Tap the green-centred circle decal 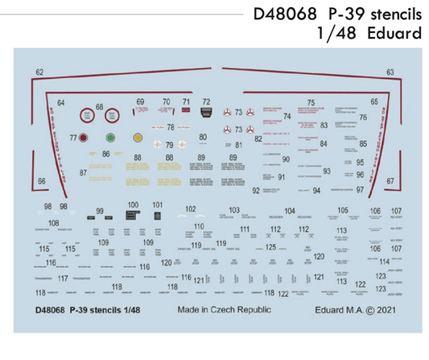click(111, 138)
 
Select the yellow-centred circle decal click(138, 138)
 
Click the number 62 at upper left click(40, 72)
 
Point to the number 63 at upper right click(390, 72)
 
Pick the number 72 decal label click(206, 102)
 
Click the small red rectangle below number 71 click(187, 113)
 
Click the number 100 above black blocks click(133, 205)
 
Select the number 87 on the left click(83, 172)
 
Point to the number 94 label click(316, 190)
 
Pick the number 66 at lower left click(41, 182)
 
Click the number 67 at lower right click(390, 181)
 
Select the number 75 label click(310, 103)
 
